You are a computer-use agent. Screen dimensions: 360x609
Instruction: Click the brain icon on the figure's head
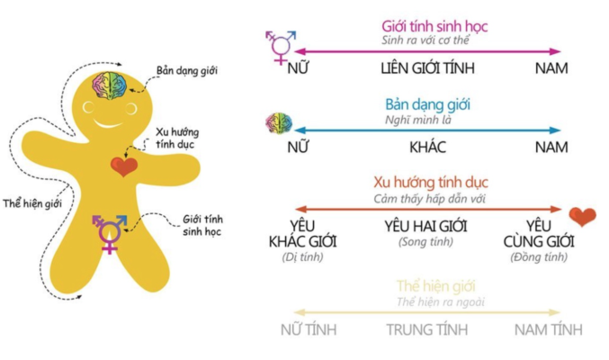[112, 85]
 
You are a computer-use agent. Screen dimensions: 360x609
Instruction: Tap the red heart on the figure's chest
[123, 166]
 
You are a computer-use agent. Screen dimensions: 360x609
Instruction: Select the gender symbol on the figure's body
[108, 232]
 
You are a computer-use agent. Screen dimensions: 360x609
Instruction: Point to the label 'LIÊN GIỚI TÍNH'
[426, 68]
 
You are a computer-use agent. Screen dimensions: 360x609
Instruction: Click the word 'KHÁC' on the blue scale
[427, 147]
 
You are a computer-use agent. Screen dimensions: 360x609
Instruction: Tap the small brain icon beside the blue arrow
[277, 123]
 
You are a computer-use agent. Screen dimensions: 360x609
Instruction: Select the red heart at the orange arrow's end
[582, 216]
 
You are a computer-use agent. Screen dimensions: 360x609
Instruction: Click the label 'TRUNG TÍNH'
[427, 329]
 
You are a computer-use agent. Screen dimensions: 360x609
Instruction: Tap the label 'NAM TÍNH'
[551, 329]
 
